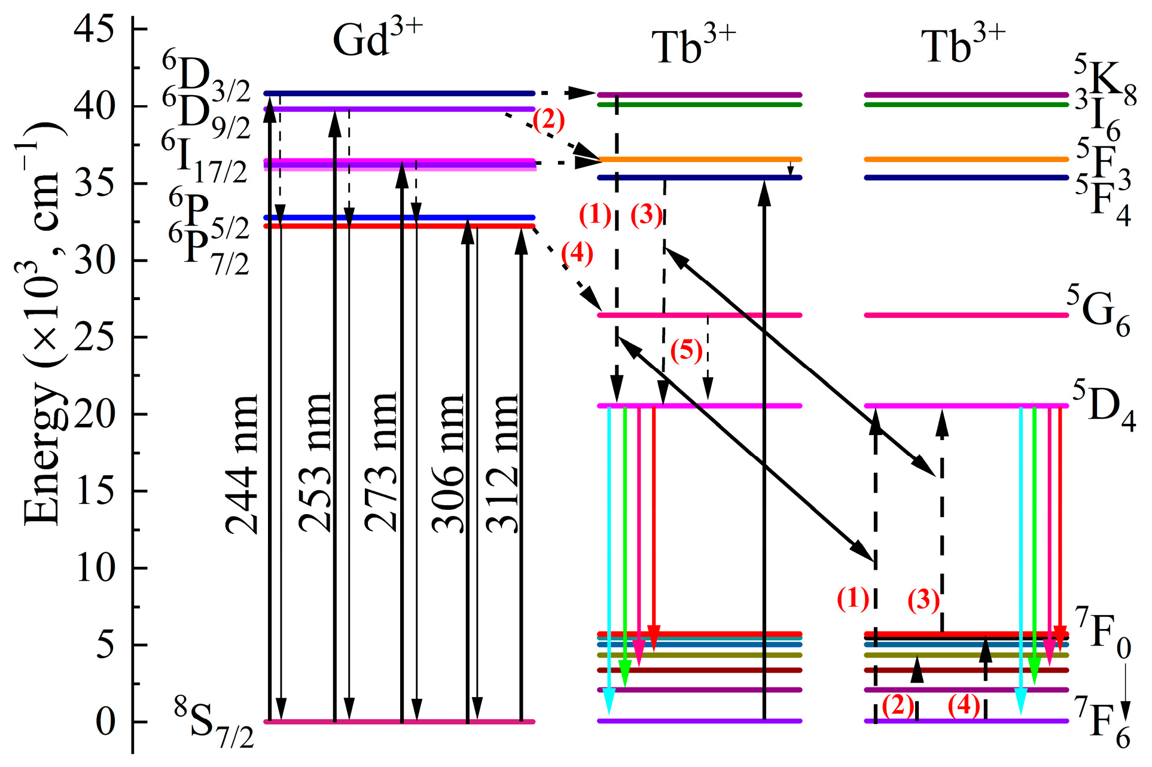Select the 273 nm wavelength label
(x=380, y=463)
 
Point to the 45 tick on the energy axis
(x=94, y=28)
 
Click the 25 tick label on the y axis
(x=94, y=337)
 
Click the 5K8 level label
(x=1104, y=81)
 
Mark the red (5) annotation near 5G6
(x=686, y=350)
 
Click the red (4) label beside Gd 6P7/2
(x=577, y=253)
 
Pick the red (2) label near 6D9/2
(x=548, y=121)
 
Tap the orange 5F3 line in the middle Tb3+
(x=700, y=160)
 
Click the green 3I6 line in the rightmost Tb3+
(x=966, y=105)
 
